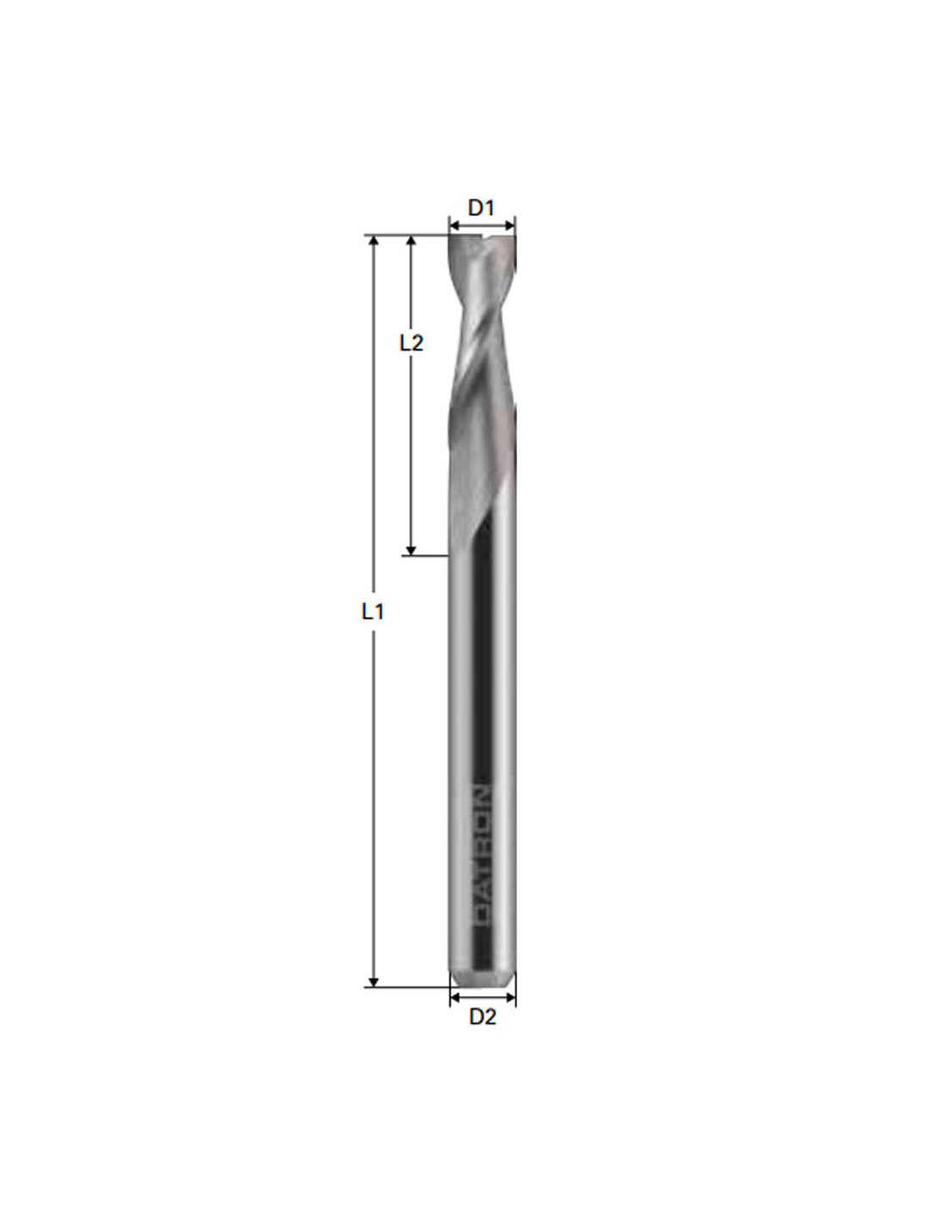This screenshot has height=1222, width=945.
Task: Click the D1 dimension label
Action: tap(480, 208)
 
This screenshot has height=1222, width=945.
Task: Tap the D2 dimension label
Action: tap(482, 1016)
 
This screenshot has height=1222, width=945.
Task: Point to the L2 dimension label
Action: tap(411, 343)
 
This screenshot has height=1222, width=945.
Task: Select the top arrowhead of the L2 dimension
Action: tap(411, 241)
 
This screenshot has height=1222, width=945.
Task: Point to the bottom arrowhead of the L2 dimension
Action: tap(411, 549)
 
